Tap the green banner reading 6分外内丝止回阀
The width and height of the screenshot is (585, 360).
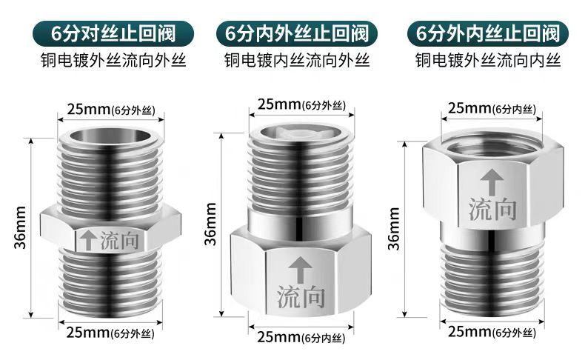point(487,33)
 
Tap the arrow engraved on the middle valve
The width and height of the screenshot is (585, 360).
point(298,264)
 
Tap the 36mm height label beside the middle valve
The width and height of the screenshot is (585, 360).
point(211,224)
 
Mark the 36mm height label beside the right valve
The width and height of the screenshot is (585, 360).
point(394,227)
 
